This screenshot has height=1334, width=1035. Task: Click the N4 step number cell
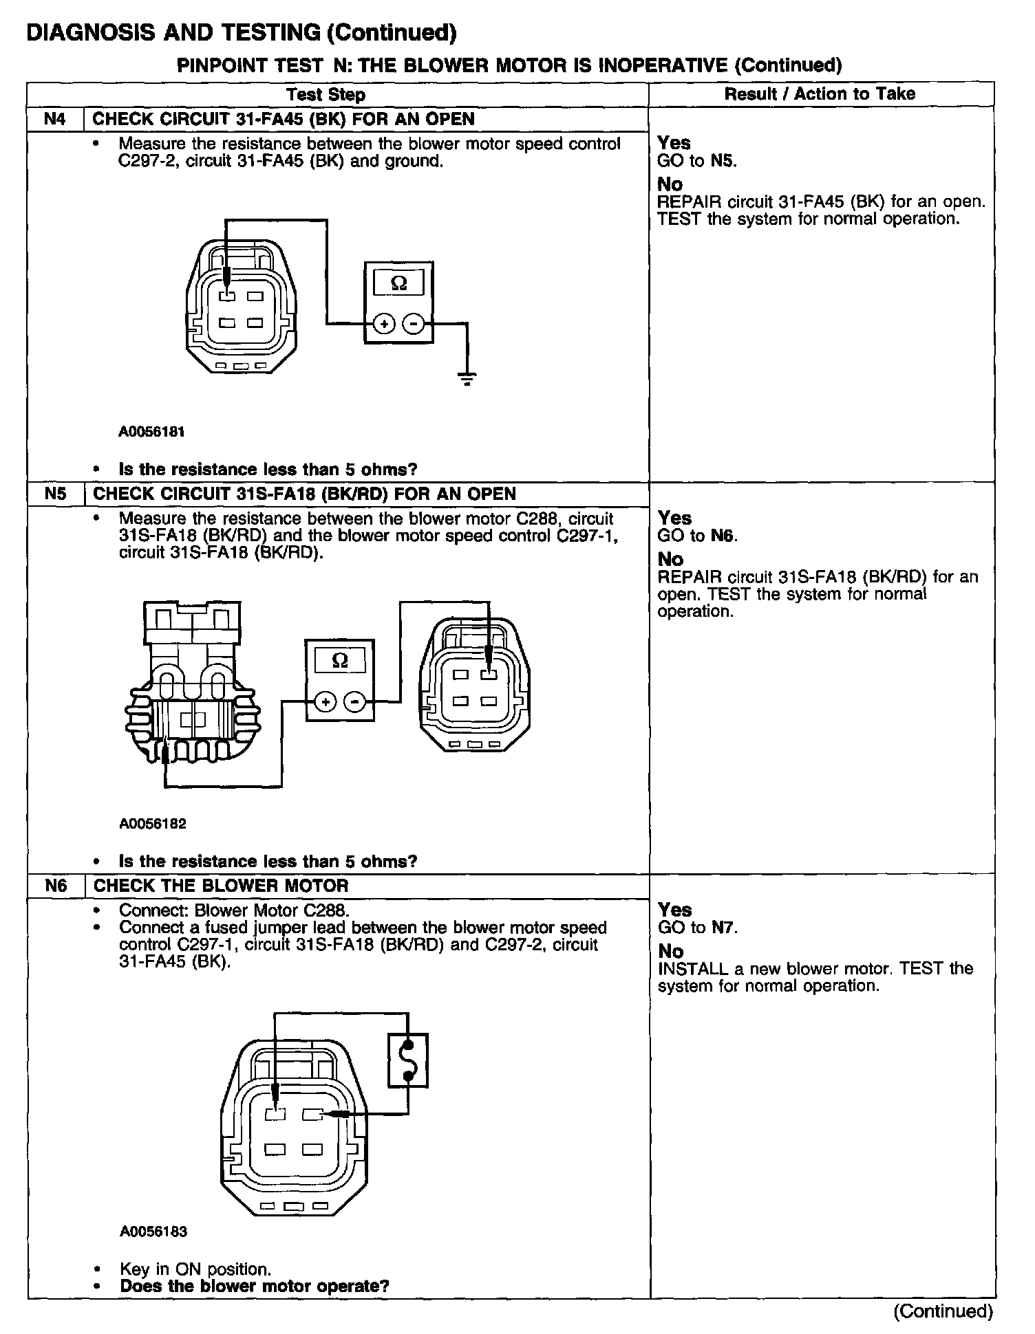click(x=55, y=119)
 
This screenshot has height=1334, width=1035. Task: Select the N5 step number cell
click(x=55, y=494)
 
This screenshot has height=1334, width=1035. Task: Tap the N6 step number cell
click(x=56, y=886)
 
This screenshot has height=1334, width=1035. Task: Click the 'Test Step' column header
click(x=326, y=94)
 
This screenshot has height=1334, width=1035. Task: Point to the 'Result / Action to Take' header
click(x=820, y=94)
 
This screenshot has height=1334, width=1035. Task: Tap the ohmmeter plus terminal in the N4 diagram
click(x=383, y=323)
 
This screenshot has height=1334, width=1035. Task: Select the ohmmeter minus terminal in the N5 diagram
click(x=355, y=702)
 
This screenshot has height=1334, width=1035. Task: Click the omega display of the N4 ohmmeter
click(x=398, y=283)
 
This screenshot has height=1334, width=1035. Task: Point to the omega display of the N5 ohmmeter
click(x=340, y=661)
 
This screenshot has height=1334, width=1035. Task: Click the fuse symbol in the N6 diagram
click(x=408, y=1060)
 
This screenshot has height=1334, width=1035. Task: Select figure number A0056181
click(x=152, y=432)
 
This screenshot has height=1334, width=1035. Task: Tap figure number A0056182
click(x=153, y=823)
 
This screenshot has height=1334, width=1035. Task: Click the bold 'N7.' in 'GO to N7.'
click(x=725, y=928)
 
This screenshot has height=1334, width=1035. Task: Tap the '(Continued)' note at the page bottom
click(x=943, y=1311)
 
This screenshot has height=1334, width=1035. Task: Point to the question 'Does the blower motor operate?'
click(x=255, y=1286)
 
